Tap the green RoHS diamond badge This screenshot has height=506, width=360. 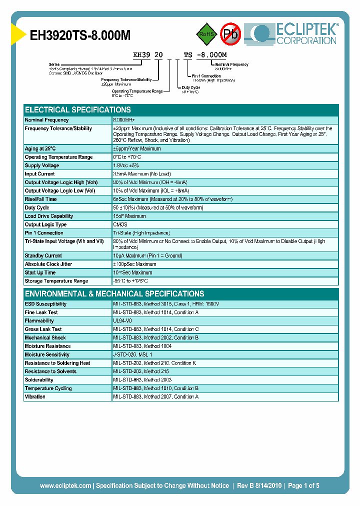point(205,33)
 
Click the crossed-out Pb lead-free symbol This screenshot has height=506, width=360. point(231,34)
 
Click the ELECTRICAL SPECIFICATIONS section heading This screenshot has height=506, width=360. point(78,109)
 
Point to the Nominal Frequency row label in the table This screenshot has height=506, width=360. point(47,120)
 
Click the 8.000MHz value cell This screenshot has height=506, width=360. point(124,120)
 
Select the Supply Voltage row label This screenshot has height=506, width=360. point(42,165)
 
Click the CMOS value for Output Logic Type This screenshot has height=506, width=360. point(120,224)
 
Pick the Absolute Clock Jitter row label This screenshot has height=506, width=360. point(49,264)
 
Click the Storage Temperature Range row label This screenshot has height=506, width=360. point(56,281)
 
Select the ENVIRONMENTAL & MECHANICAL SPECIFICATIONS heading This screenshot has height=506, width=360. point(114,293)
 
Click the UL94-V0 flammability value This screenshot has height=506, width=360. point(122,320)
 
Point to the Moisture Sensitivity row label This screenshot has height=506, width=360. point(47,354)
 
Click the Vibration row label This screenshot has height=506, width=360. point(35,396)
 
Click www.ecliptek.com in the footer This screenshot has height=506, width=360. point(65,485)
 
